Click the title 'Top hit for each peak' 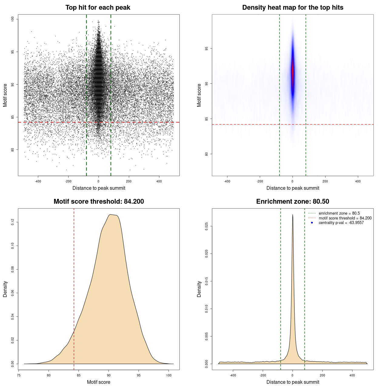tap(98, 8)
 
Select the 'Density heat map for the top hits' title tap(293, 8)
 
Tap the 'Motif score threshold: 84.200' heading tap(99, 202)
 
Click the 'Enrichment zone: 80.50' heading tap(293, 202)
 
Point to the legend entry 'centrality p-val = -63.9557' tap(341, 223)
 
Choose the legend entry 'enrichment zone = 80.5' tap(339, 213)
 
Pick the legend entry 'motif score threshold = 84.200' tap(345, 218)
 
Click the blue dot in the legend tap(312, 223)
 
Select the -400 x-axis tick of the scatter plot tap(38, 181)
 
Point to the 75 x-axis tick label tap(19, 375)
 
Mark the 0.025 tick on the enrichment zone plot tap(207, 226)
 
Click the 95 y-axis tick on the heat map tap(207, 48)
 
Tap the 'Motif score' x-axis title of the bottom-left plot tap(99, 382)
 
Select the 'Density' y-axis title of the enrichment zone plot tap(199, 289)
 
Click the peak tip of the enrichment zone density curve tap(293, 215)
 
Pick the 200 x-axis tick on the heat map tap(325, 181)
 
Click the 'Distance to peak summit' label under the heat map tap(293, 188)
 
